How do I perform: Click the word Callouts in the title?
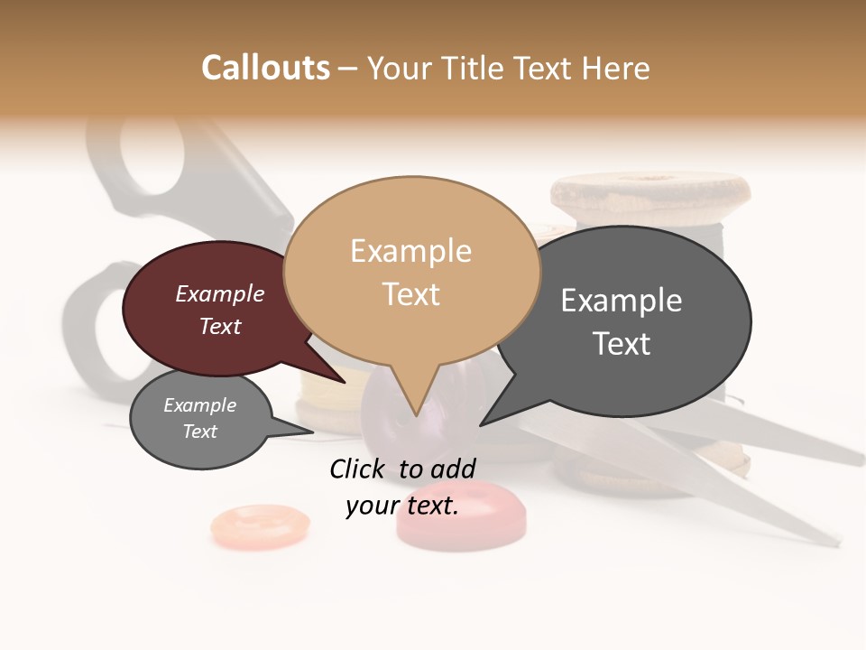(x=265, y=68)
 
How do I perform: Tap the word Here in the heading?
(x=617, y=68)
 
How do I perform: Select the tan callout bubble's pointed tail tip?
(x=416, y=415)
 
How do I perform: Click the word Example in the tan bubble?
(x=410, y=251)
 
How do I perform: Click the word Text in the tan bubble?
(x=410, y=294)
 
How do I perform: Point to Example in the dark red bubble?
(x=219, y=293)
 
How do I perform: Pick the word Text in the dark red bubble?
(x=219, y=326)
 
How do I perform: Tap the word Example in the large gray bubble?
(x=621, y=301)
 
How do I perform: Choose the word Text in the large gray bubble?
(x=621, y=344)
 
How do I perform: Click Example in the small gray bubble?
(x=199, y=405)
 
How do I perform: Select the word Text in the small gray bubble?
(x=199, y=432)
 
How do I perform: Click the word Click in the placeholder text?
(x=358, y=469)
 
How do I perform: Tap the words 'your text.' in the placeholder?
(x=402, y=506)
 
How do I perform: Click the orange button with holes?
(x=260, y=525)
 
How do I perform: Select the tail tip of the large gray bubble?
(x=481, y=424)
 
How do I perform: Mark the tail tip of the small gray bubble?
(x=312, y=432)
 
